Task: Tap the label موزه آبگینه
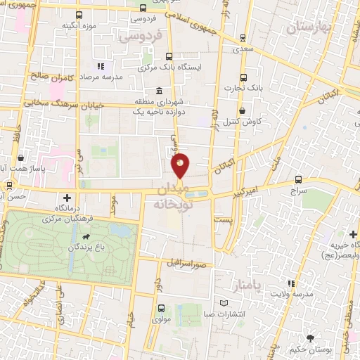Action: (x=77, y=26)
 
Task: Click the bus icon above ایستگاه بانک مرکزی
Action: (x=168, y=57)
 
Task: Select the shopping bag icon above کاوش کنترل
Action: (x=243, y=110)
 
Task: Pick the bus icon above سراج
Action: (x=299, y=179)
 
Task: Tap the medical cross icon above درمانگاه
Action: (x=67, y=198)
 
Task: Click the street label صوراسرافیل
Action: (x=186, y=264)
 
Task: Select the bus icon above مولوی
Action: (x=162, y=309)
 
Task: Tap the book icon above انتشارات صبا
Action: (x=223, y=303)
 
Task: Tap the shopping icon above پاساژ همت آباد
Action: (x=22, y=159)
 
